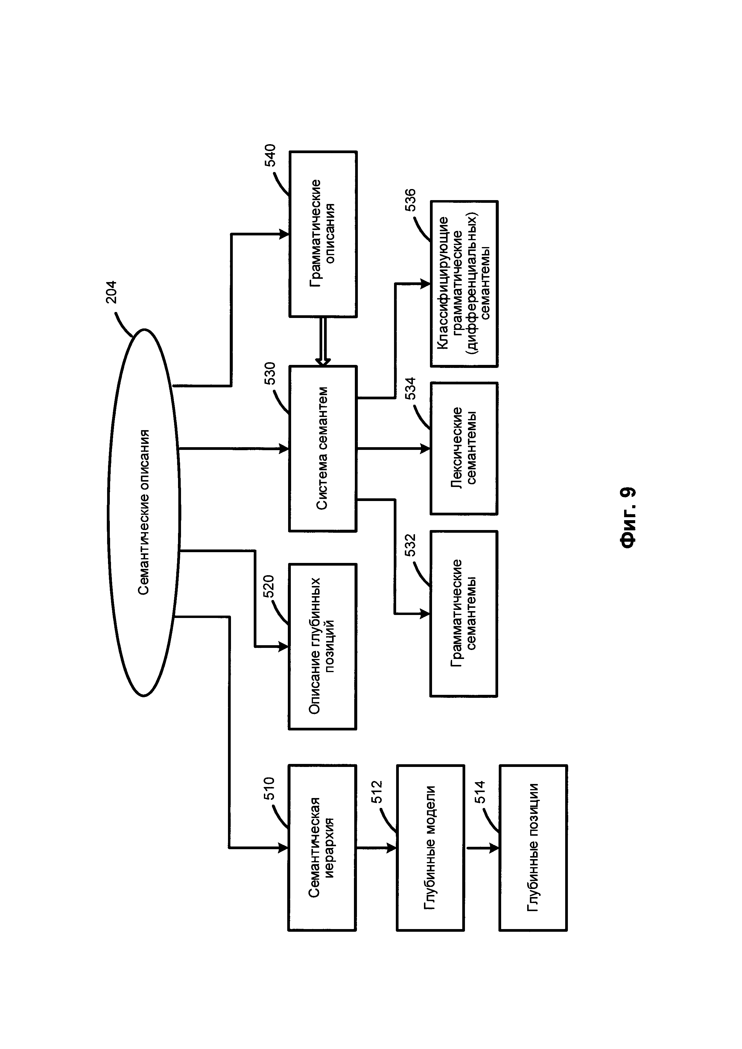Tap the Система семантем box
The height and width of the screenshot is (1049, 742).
323,448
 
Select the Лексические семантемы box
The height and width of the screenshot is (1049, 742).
464,448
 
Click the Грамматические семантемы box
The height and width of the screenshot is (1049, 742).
464,613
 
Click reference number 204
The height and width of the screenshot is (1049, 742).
112,292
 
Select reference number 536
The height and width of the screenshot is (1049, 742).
410,200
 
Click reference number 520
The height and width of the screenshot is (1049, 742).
269,587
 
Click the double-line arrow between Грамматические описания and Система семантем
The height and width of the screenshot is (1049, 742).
323,341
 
